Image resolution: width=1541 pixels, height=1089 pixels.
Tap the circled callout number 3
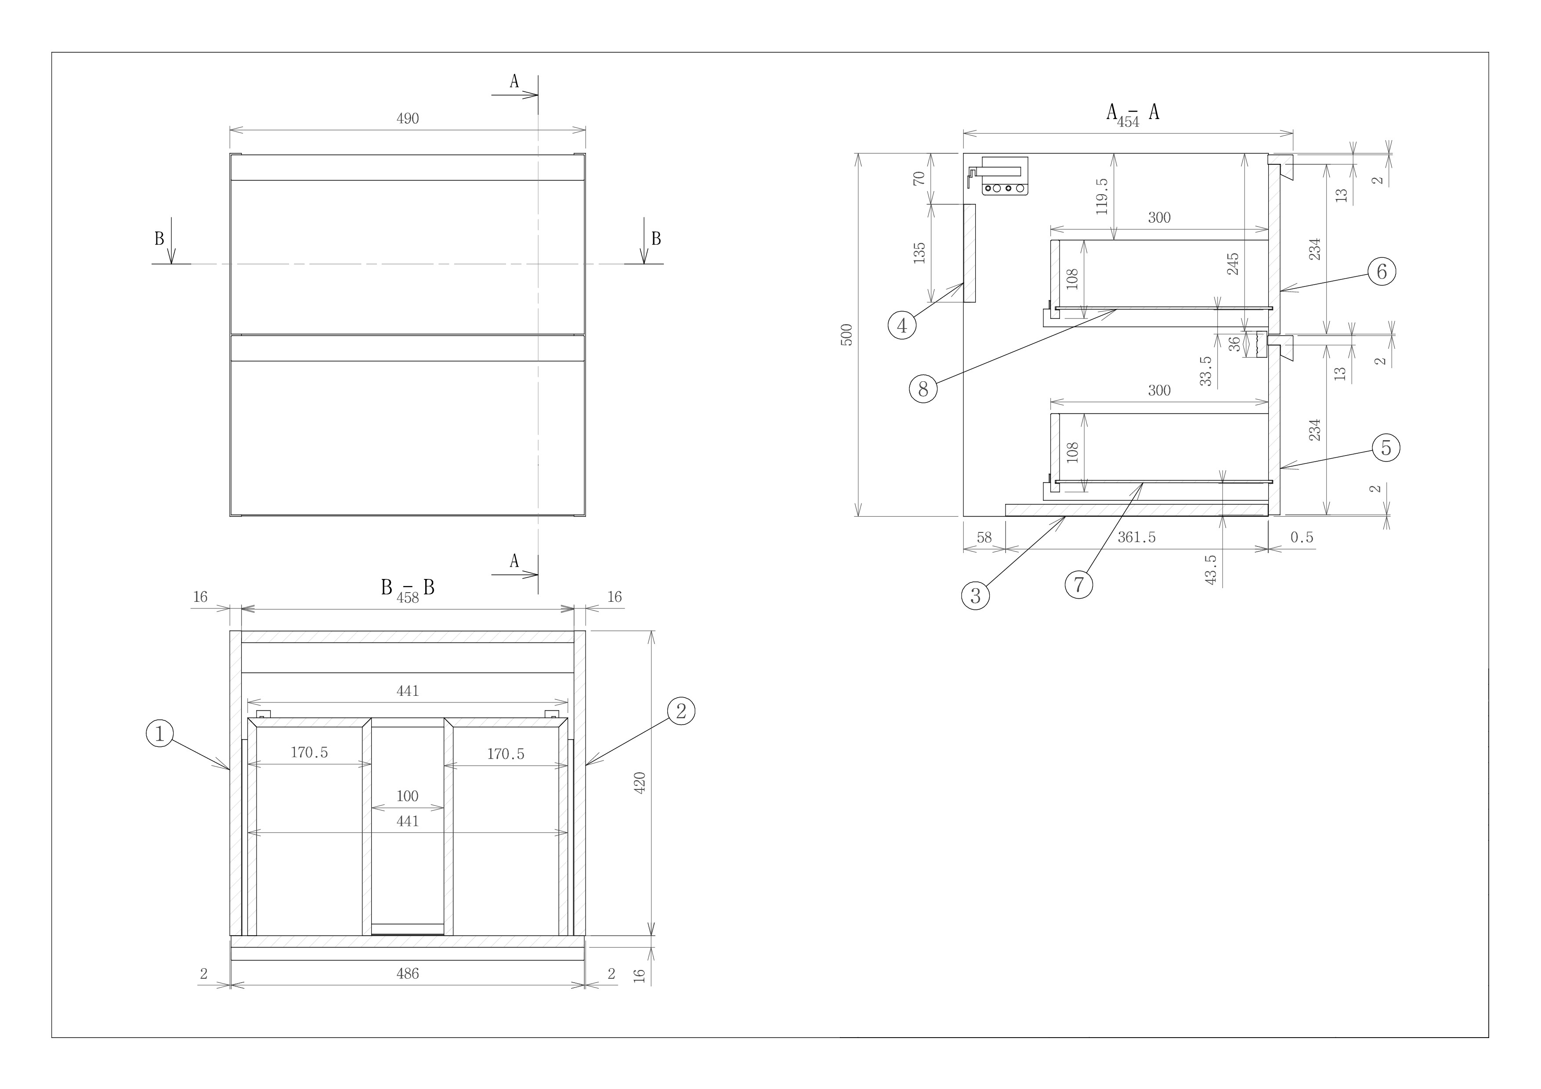(975, 595)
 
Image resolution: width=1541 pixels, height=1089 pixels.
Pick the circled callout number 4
(902, 326)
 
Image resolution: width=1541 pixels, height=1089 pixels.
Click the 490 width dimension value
(407, 119)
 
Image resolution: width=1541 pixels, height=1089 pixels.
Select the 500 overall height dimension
(847, 335)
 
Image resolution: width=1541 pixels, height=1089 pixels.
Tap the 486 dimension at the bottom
(407, 973)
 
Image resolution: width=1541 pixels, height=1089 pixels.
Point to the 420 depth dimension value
(640, 783)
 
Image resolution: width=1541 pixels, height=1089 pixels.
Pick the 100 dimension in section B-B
(407, 796)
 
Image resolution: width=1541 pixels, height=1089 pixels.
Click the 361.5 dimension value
(1136, 537)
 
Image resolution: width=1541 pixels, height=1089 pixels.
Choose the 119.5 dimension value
(1101, 196)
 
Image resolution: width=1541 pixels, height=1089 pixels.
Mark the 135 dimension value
(919, 253)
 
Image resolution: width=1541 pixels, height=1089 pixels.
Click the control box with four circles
(1005, 188)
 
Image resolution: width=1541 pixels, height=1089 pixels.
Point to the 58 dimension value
(984, 537)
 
